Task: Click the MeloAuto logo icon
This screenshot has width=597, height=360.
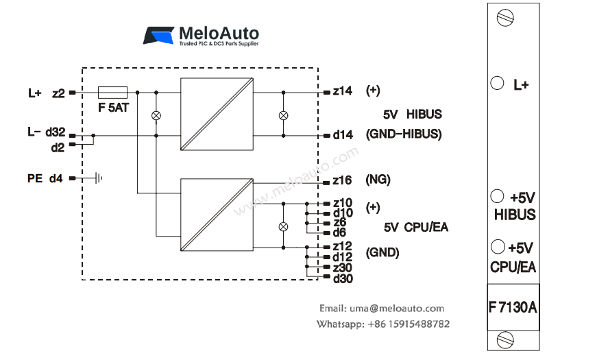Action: click(x=159, y=36)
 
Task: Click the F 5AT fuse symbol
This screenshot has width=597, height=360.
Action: click(x=112, y=91)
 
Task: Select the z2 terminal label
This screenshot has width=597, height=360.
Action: click(x=58, y=93)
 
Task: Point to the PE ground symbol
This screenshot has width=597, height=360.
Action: click(x=97, y=178)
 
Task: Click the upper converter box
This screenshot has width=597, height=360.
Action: click(x=217, y=114)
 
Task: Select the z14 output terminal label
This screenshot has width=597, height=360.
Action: click(x=342, y=91)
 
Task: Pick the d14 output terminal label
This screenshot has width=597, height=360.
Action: click(x=343, y=135)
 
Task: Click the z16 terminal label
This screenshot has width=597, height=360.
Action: click(x=343, y=180)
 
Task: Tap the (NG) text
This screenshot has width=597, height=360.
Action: click(x=378, y=180)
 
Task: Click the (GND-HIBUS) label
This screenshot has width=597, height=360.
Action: click(x=404, y=134)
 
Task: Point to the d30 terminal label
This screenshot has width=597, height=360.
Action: click(x=343, y=278)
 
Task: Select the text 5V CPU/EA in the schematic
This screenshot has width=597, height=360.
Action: click(x=415, y=227)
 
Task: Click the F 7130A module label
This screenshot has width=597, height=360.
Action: click(x=513, y=308)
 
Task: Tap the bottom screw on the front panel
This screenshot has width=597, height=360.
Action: click(x=507, y=338)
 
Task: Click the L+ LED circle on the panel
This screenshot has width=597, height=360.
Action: click(x=498, y=83)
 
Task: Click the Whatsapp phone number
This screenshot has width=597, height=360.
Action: click(x=409, y=324)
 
